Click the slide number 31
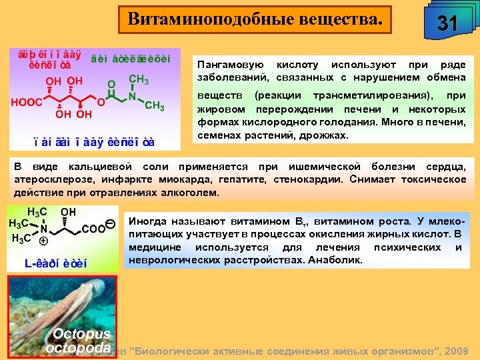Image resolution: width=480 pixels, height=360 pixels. coord(446,24)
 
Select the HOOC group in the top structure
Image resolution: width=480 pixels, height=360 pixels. coord(26,103)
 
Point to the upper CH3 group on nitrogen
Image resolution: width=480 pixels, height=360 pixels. coord(138,79)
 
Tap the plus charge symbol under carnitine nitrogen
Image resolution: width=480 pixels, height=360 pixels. coord(43,241)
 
